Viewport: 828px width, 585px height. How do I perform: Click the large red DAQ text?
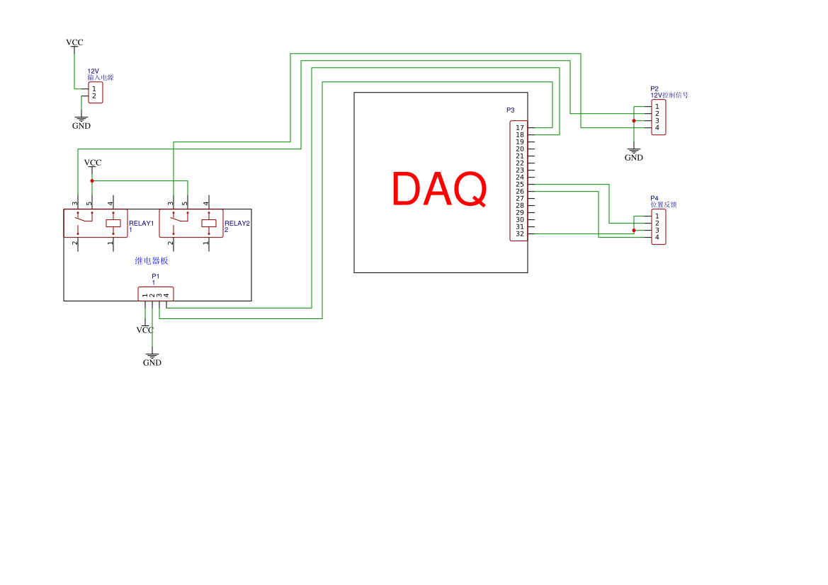click(x=439, y=190)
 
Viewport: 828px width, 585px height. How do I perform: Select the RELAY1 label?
click(x=141, y=224)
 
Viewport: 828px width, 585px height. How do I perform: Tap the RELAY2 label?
click(x=237, y=224)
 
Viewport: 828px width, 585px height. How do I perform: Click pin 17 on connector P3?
click(x=520, y=128)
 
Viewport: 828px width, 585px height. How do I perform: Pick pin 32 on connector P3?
click(x=520, y=234)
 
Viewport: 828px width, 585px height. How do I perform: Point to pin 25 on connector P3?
click(x=520, y=185)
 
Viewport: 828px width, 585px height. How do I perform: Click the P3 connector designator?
click(x=511, y=110)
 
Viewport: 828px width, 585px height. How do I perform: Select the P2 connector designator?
click(x=654, y=89)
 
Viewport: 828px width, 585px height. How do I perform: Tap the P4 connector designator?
click(x=654, y=199)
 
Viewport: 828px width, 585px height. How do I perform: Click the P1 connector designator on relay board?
click(x=156, y=276)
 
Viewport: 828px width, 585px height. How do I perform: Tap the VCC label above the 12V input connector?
click(x=74, y=42)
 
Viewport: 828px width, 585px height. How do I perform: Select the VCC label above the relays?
click(x=93, y=163)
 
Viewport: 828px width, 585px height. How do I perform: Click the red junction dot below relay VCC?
click(x=92, y=181)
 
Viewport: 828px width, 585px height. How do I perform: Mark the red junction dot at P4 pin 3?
click(x=634, y=231)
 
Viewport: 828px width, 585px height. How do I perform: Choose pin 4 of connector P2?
click(x=657, y=128)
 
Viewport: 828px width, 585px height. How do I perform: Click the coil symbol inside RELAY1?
click(x=113, y=224)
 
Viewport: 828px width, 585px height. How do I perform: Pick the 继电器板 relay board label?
click(x=152, y=261)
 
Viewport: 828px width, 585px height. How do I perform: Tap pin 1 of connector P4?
click(x=657, y=216)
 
